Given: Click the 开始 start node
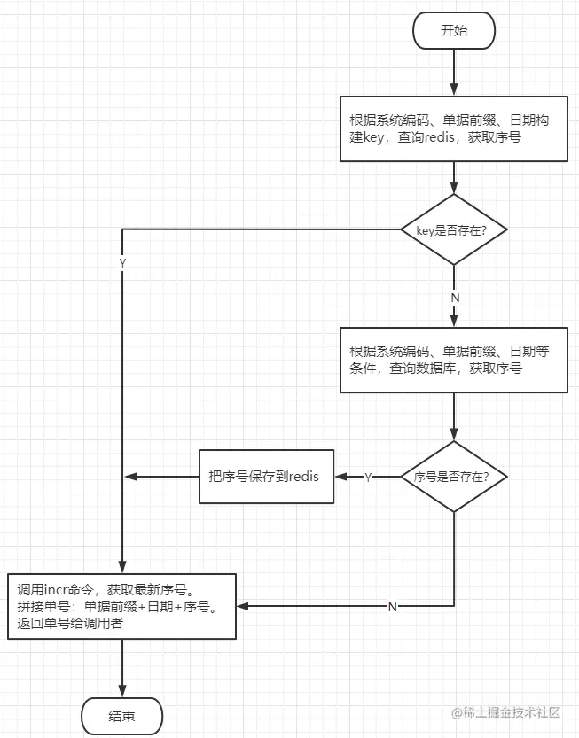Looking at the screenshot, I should click(x=453, y=31).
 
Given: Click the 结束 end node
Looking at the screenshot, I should click(x=121, y=716).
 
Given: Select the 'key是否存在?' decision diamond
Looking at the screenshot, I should click(x=454, y=229).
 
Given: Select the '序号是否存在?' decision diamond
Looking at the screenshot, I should click(x=454, y=477).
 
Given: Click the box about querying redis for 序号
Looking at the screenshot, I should click(x=454, y=128).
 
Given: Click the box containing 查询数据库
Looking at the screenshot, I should click(x=454, y=360).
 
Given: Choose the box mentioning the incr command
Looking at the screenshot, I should click(x=123, y=607).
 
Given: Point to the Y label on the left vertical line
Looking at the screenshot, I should click(x=122, y=264).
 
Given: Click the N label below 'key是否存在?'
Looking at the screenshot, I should click(x=455, y=298).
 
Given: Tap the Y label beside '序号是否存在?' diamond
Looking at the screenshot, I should click(x=368, y=478).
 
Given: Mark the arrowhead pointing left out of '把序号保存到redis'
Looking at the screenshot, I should click(x=131, y=477).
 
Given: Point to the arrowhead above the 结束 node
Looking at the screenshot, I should click(x=122, y=692).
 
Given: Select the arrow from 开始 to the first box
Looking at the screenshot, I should click(x=454, y=71).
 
